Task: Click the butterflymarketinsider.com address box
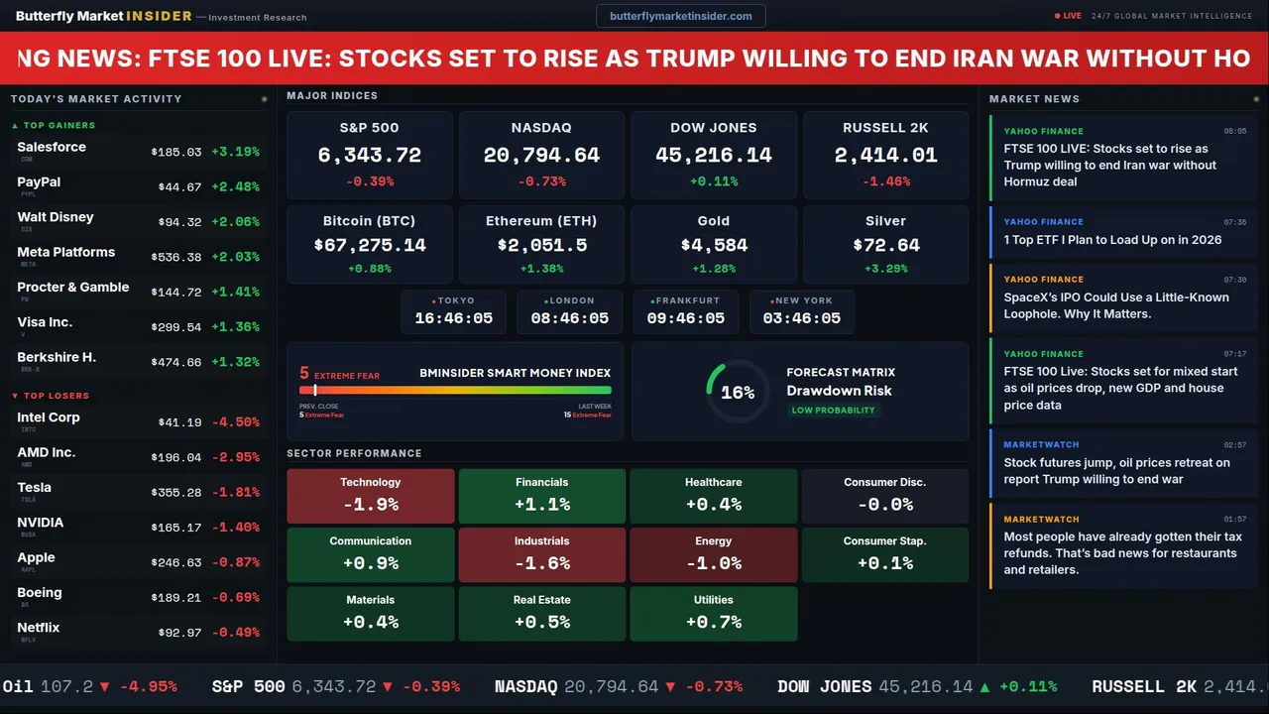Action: click(x=681, y=16)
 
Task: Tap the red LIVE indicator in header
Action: click(x=1068, y=16)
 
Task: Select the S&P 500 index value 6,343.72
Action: click(x=369, y=156)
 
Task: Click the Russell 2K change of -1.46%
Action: click(x=885, y=181)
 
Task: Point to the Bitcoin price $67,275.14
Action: click(x=369, y=245)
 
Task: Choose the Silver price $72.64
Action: click(x=885, y=245)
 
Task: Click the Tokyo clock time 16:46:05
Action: click(x=453, y=318)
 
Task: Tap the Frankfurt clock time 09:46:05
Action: click(x=685, y=318)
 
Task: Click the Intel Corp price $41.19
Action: click(x=179, y=422)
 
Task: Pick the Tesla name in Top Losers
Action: click(x=35, y=487)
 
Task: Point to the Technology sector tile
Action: click(x=370, y=496)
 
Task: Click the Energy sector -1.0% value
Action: click(x=713, y=563)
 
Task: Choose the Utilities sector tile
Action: click(x=713, y=614)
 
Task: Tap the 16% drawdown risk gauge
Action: click(x=737, y=393)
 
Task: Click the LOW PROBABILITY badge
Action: click(x=833, y=411)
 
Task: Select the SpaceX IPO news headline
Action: click(x=1116, y=305)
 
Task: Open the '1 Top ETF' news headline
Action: click(x=1112, y=240)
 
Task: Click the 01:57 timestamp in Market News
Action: click(x=1234, y=519)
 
